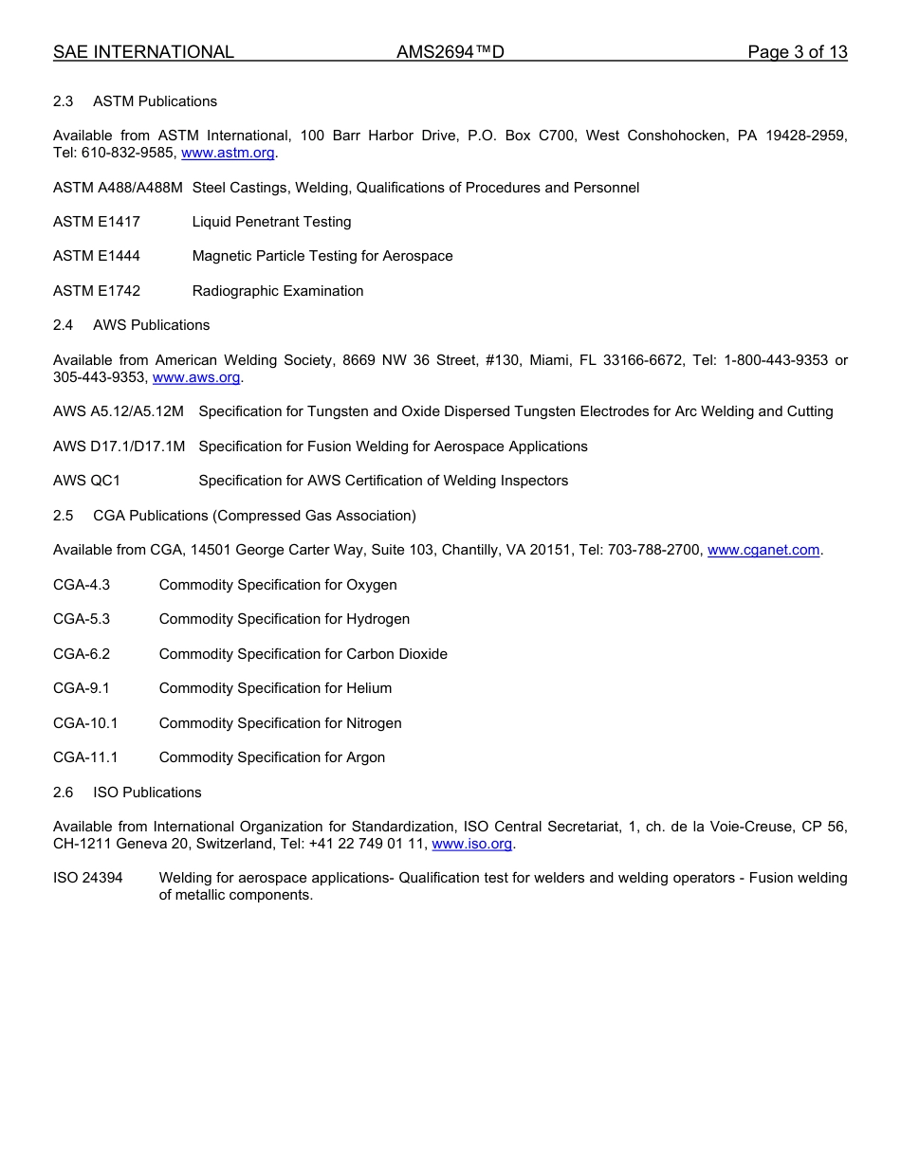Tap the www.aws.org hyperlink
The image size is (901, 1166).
click(196, 377)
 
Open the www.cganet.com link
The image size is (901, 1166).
click(763, 550)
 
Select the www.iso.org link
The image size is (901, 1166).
click(471, 844)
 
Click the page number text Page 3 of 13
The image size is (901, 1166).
click(797, 52)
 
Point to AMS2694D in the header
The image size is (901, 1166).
click(450, 52)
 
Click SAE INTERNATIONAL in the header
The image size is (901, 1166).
click(143, 52)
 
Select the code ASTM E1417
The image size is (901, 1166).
click(97, 222)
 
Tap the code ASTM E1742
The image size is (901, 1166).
click(97, 291)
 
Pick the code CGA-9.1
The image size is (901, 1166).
click(82, 688)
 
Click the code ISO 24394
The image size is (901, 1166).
click(87, 878)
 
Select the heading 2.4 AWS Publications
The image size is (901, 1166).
click(132, 325)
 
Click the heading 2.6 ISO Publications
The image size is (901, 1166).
click(127, 793)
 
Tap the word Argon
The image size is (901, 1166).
click(365, 757)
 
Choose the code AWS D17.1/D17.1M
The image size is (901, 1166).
click(119, 446)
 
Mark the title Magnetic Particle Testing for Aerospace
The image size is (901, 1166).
click(322, 256)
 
